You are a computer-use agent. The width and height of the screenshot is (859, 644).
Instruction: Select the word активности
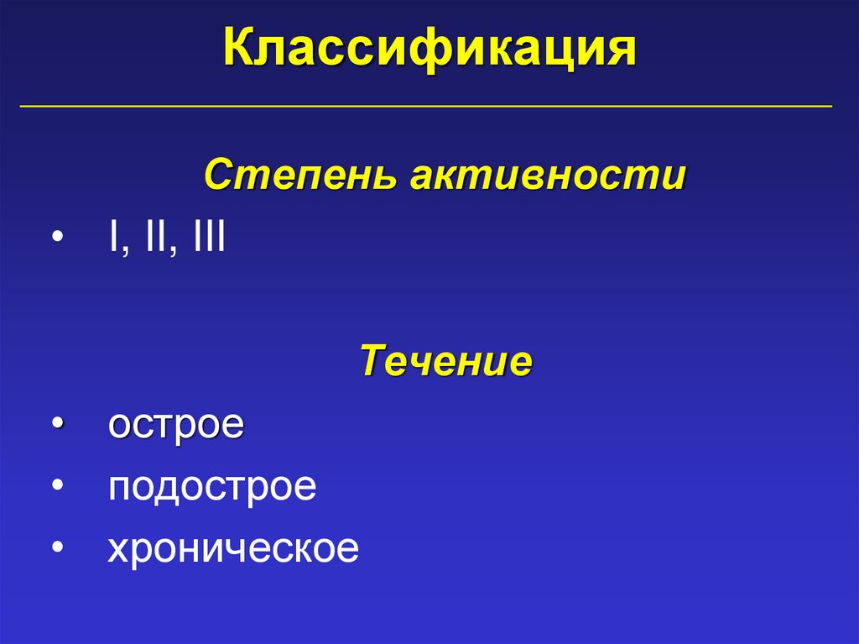point(548,177)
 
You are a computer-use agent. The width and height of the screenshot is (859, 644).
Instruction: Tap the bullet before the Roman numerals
point(56,240)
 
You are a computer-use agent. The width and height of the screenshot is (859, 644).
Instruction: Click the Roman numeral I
point(112,238)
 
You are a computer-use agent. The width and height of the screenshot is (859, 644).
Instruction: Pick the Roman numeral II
point(154,238)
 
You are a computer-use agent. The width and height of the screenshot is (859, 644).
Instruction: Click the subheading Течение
point(446,362)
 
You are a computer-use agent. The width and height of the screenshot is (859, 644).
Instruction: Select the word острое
point(176,424)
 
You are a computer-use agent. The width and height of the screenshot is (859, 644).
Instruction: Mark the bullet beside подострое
point(56,487)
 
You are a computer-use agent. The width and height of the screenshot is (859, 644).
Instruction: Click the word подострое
point(212,487)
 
